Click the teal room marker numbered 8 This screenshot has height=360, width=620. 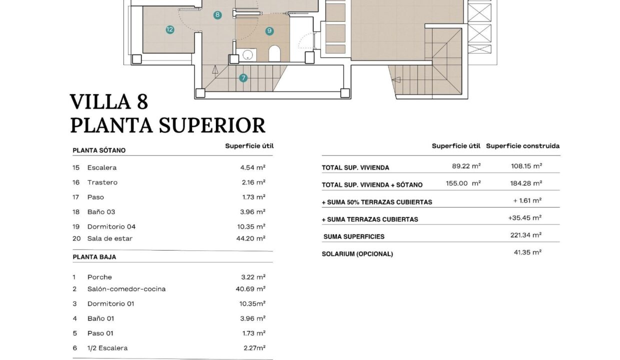(x=217, y=15)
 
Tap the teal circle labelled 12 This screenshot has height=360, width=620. (x=170, y=29)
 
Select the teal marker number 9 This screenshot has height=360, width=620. (x=269, y=31)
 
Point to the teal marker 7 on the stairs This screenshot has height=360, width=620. (x=243, y=78)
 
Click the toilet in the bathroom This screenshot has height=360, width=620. (x=274, y=53)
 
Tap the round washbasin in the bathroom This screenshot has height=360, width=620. (x=247, y=55)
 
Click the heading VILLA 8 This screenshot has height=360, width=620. (x=109, y=102)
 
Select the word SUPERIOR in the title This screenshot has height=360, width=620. (x=212, y=125)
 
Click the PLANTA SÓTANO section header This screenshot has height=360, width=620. (x=99, y=150)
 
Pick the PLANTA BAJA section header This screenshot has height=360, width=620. (x=94, y=257)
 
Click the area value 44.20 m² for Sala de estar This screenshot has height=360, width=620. (x=251, y=238)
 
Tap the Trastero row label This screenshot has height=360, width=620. (x=102, y=182)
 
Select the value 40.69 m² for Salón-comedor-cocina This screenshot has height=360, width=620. (x=250, y=289)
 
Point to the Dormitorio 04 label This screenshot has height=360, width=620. (x=111, y=227)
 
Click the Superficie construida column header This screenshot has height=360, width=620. (x=523, y=146)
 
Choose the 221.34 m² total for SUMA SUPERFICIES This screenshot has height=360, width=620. (x=526, y=235)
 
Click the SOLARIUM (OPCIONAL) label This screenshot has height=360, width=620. (x=357, y=254)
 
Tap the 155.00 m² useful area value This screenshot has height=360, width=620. (x=463, y=183)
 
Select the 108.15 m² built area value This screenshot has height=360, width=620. (x=526, y=166)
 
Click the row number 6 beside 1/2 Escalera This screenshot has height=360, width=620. (x=74, y=348)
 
